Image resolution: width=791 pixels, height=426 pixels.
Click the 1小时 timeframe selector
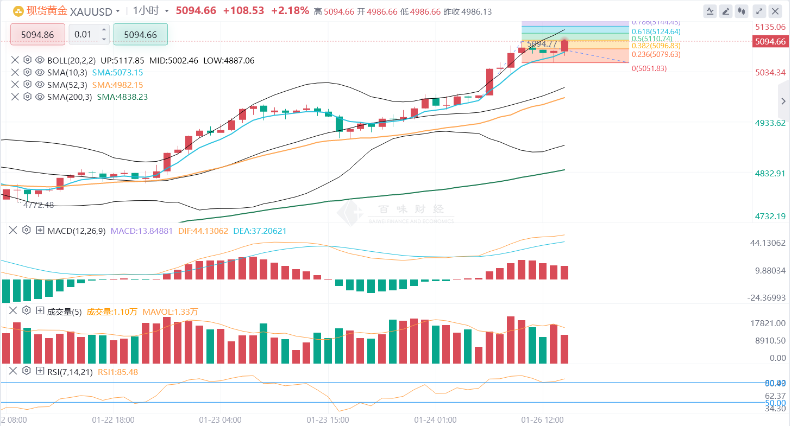(x=146, y=11)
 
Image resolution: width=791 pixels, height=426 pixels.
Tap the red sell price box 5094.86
(x=37, y=35)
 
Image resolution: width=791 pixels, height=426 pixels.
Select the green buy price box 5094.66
(x=140, y=35)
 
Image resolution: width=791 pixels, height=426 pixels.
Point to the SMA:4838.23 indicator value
(x=122, y=97)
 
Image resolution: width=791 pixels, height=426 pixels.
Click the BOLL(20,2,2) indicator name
(x=71, y=61)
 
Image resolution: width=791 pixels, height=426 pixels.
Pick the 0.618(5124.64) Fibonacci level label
(x=656, y=31)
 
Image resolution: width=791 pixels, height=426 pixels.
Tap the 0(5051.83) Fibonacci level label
(x=649, y=68)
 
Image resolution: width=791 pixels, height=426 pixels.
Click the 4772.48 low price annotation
(x=39, y=205)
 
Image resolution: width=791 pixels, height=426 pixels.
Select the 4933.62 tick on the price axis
(x=770, y=123)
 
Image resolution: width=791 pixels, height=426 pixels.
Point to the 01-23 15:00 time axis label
(x=328, y=420)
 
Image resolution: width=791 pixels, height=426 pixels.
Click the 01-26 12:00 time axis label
(x=542, y=420)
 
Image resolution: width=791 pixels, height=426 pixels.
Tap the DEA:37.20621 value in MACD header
(x=260, y=231)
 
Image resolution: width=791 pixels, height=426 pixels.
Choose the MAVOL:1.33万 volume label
(x=170, y=311)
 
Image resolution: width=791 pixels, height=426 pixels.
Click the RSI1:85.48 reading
(x=118, y=372)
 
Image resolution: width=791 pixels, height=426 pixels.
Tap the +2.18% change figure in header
(x=290, y=11)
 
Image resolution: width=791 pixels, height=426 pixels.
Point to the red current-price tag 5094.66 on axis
(x=770, y=42)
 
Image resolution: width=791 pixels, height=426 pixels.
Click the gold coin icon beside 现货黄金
(x=18, y=11)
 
